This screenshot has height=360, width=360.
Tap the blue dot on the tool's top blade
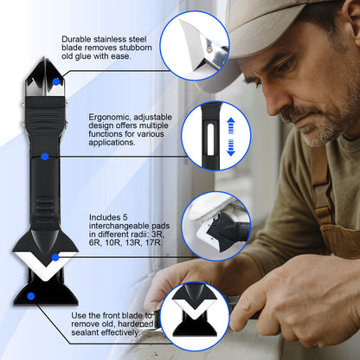(55, 80)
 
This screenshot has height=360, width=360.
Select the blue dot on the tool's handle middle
(44, 157)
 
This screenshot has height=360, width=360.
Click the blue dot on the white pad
(55, 257)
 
